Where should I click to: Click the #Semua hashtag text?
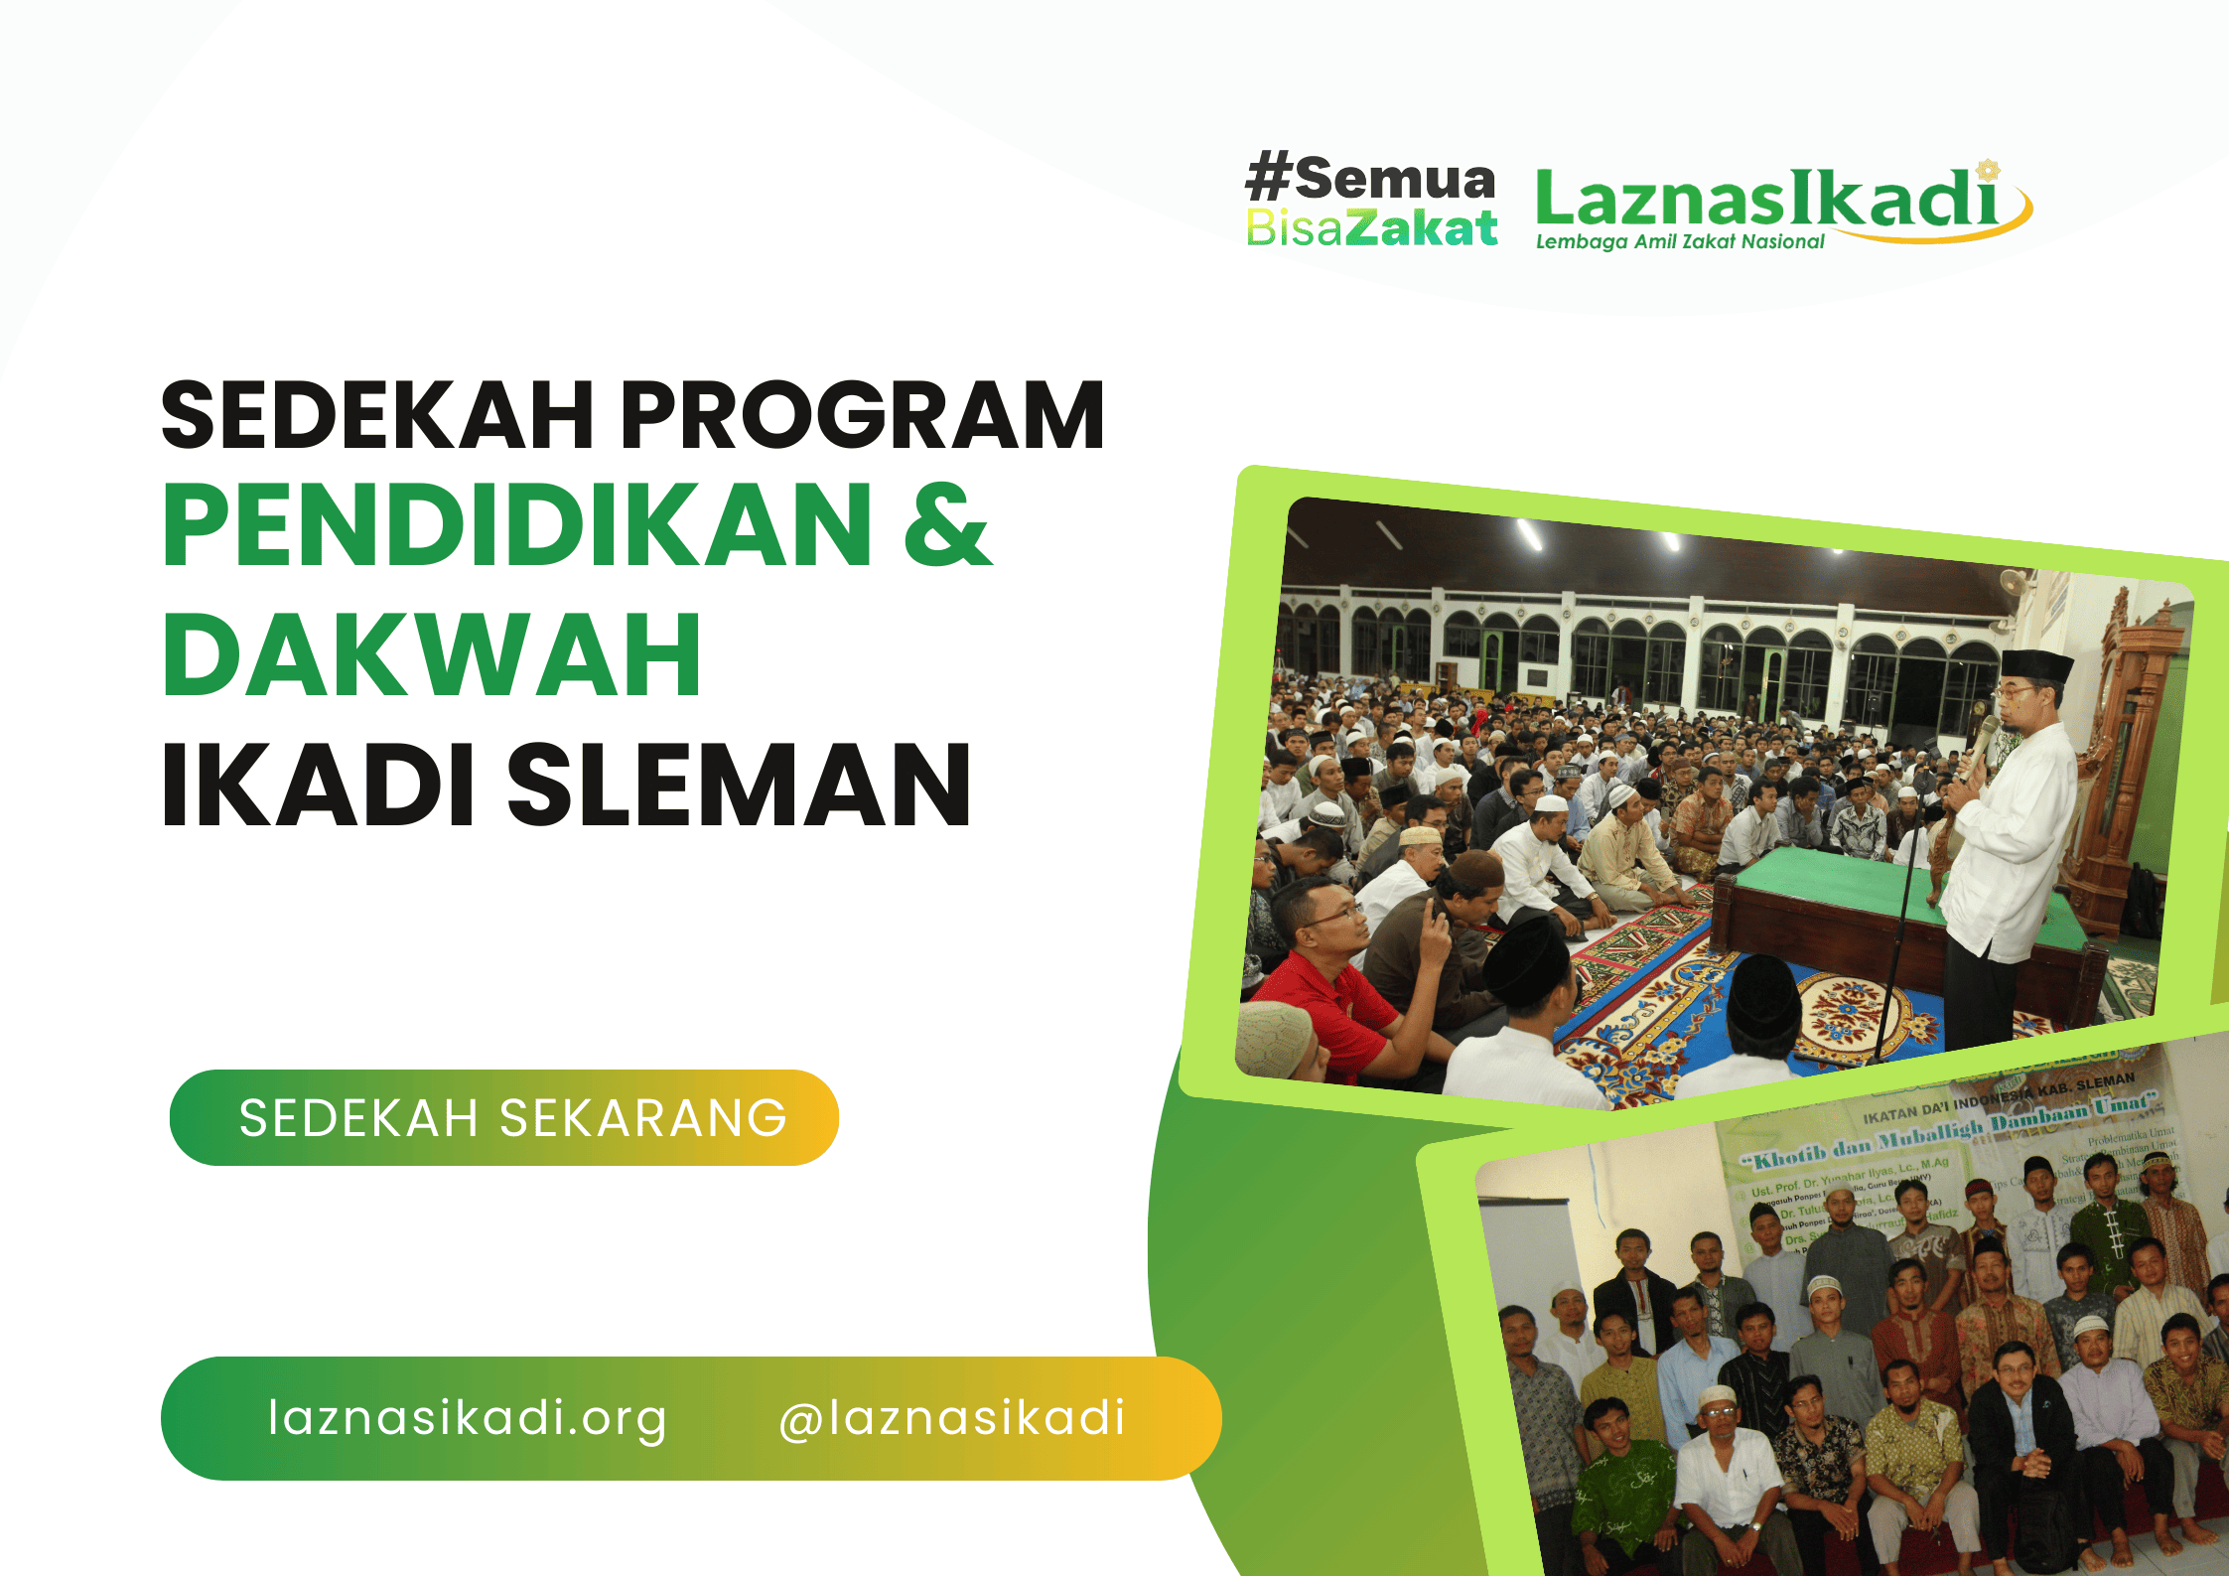click(x=1371, y=178)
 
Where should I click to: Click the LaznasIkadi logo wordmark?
click(x=1767, y=199)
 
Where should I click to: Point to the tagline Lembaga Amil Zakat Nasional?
click(x=1680, y=242)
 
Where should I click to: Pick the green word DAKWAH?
click(x=432, y=655)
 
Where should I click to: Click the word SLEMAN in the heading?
click(x=739, y=785)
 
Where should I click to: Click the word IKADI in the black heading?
click(x=318, y=785)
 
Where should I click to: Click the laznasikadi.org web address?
click(x=467, y=1418)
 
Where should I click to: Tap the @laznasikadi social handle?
click(x=951, y=1418)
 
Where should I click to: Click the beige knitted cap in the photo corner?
click(x=1274, y=1038)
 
